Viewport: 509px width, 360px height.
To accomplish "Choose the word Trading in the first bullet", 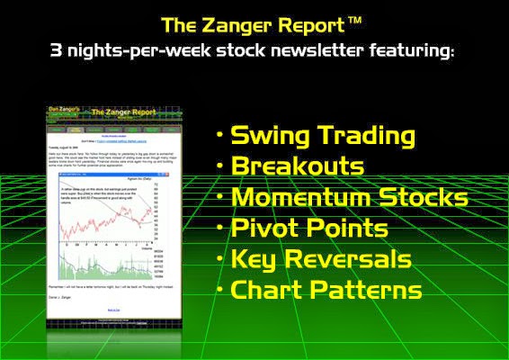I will tap(367, 136).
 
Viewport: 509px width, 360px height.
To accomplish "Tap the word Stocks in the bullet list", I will tap(426, 198).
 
